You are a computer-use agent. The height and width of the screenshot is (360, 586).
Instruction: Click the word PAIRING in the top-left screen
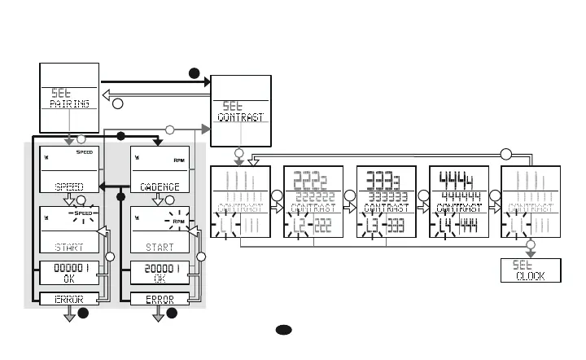69,104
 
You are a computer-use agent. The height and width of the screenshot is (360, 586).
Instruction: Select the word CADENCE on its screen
160,187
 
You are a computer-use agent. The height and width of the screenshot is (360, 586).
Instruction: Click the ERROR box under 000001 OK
69,299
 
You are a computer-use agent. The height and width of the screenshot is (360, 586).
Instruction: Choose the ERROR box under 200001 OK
160,299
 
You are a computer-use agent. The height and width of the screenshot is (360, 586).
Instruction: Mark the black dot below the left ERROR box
82,314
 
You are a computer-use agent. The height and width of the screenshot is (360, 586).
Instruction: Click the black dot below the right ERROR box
172,314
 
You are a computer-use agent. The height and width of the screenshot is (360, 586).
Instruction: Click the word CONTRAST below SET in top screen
240,117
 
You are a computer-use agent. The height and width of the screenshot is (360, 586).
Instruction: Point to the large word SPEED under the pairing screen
69,187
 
